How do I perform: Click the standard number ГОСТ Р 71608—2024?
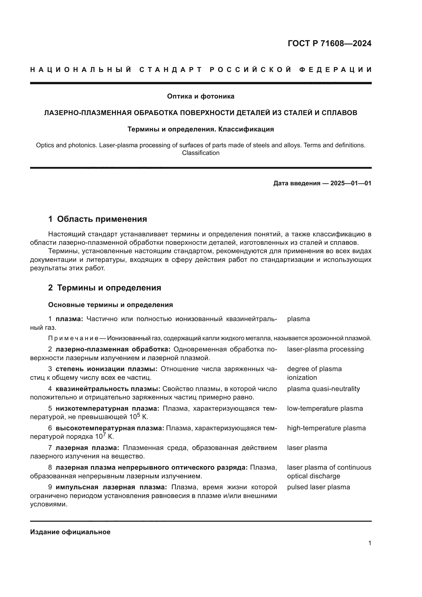[329, 43]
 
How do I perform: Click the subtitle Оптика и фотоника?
[201, 96]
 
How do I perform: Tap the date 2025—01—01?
[351, 183]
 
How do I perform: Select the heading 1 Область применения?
[97, 219]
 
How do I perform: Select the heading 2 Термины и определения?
[104, 288]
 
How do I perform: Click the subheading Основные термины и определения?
[110, 305]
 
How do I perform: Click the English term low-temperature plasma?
[325, 408]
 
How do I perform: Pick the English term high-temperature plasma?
[326, 428]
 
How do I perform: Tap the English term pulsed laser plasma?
[318, 487]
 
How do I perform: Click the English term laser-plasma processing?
[325, 349]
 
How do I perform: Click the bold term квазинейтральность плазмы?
[108, 389]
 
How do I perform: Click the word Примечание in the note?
[73, 338]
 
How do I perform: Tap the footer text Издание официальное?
[70, 532]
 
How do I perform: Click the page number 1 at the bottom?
[370, 543]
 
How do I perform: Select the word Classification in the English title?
[201, 153]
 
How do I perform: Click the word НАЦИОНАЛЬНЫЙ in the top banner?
[81, 70]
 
